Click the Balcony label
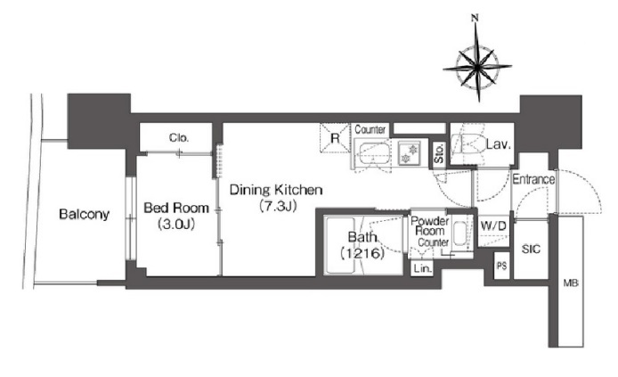(84, 214)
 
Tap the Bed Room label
(176, 208)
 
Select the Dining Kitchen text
(276, 190)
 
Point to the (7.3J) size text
(278, 206)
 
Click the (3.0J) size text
(176, 224)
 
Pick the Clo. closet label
(179, 137)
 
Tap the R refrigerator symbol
(335, 138)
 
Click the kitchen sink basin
(374, 154)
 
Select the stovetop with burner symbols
(410, 153)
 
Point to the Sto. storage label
(439, 153)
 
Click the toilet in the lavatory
(468, 144)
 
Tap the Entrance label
(533, 179)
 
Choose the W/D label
(493, 226)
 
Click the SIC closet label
(531, 250)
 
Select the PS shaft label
(501, 266)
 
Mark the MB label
(571, 283)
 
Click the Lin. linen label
(422, 269)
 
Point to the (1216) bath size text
(362, 253)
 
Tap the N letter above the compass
(475, 17)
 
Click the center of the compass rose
(477, 68)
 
